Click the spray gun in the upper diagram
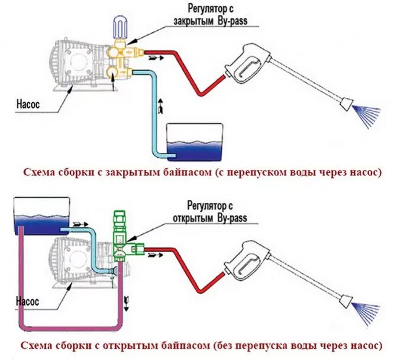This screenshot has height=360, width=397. pos(246,65)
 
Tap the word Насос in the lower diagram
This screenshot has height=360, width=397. pos(26,301)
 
